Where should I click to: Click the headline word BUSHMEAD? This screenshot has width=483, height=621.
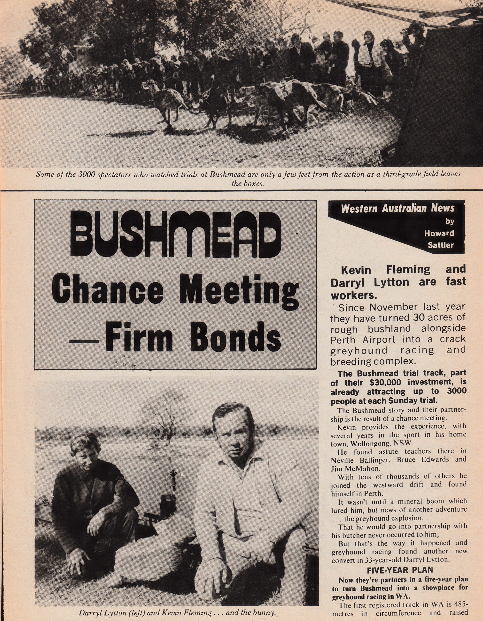175,234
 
